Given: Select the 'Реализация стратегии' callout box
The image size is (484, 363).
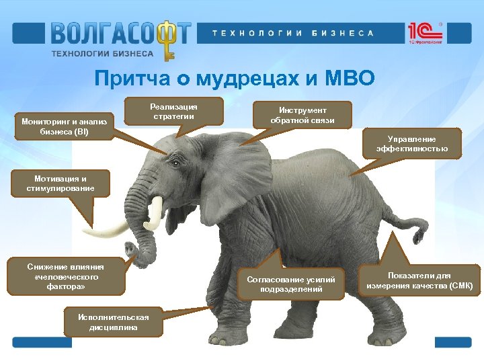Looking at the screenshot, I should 173,112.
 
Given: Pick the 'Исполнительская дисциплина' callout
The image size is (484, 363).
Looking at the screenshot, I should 112,322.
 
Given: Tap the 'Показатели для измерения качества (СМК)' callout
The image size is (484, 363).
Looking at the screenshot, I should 419,280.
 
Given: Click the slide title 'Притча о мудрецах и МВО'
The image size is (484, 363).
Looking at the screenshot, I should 235,79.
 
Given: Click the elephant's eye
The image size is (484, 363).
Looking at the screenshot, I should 177,163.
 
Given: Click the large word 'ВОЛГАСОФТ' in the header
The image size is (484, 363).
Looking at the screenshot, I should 120,33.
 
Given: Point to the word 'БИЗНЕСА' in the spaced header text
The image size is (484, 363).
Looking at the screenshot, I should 343,33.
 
